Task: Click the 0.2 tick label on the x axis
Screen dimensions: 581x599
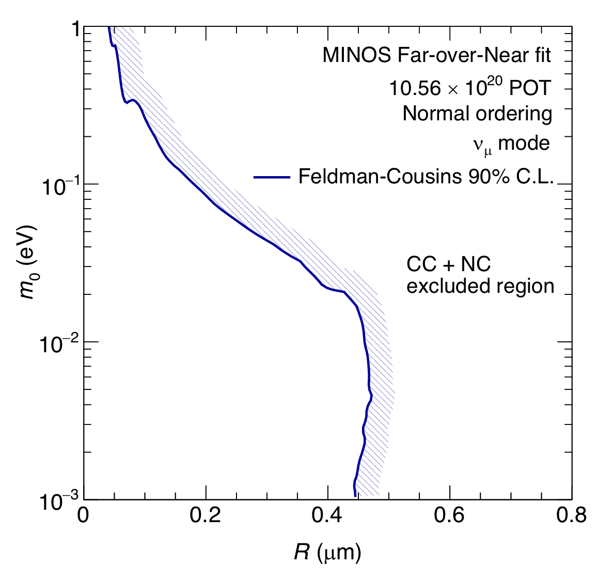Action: tap(206, 515)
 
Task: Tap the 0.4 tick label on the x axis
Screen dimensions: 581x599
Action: tap(327, 515)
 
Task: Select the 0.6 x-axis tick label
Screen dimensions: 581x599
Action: tap(449, 515)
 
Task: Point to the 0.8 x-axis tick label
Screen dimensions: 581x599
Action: tap(571, 515)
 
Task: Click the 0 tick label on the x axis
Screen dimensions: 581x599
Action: tap(84, 515)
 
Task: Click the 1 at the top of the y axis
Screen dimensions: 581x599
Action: tap(73, 31)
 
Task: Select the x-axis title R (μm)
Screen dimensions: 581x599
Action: tap(327, 553)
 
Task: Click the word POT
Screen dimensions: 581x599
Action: tap(530, 88)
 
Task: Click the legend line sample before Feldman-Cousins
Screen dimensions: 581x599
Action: tap(272, 177)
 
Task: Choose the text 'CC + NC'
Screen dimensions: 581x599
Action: tap(448, 264)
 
